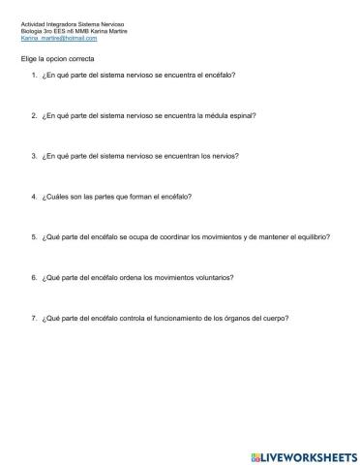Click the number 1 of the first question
[x=34, y=75]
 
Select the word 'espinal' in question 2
[x=245, y=114]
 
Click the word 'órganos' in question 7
[x=234, y=318]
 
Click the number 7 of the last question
[x=34, y=318]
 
